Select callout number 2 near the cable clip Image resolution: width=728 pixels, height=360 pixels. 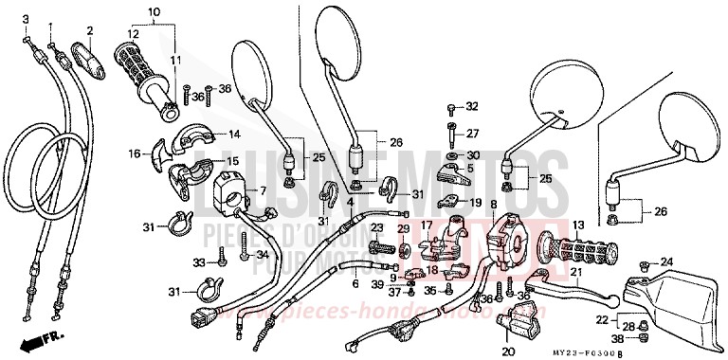tap(90, 31)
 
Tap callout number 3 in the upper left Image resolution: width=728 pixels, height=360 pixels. tap(26, 20)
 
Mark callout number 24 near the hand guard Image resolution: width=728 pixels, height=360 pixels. tap(666, 261)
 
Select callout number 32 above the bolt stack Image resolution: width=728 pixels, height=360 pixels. tap(472, 106)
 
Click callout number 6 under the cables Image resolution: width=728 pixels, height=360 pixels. tap(355, 283)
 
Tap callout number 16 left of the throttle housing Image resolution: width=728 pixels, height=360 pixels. tap(136, 152)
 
